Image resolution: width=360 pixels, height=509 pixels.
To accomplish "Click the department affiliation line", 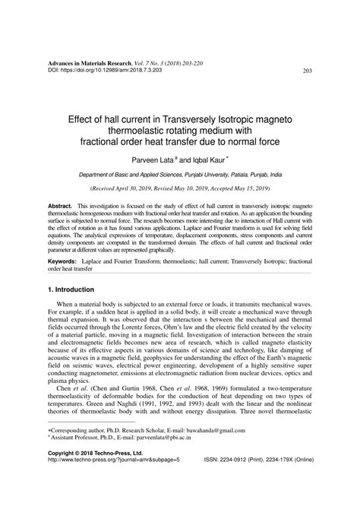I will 179,175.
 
